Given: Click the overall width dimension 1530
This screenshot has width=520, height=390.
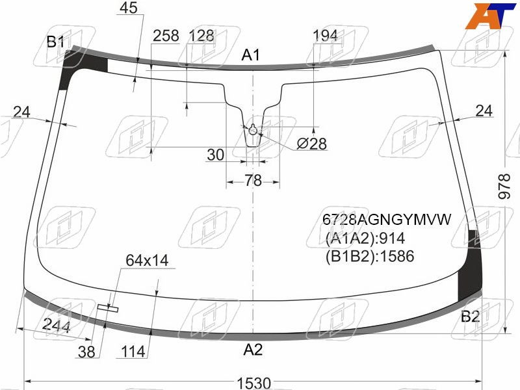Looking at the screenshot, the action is click(x=253, y=383).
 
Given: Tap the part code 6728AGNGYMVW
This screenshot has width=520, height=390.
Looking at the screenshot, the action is click(x=387, y=220).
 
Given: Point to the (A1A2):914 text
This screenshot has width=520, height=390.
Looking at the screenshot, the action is click(x=365, y=238).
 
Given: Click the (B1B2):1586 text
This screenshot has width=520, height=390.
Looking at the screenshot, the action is click(x=370, y=256).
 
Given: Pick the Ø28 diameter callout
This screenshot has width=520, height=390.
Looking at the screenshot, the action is click(x=311, y=144).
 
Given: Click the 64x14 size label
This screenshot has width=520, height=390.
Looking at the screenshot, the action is click(x=147, y=261).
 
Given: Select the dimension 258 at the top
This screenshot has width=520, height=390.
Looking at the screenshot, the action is click(x=166, y=36).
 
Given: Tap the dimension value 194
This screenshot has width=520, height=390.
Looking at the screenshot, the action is click(x=326, y=36).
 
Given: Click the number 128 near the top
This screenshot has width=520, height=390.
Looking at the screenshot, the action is click(x=201, y=36).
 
